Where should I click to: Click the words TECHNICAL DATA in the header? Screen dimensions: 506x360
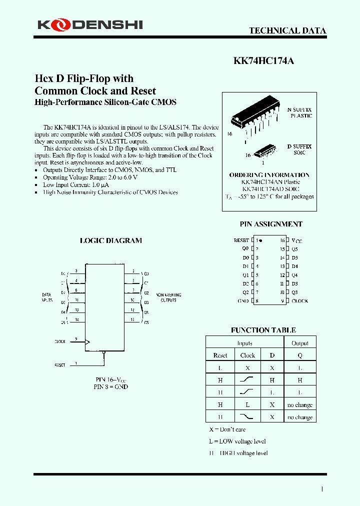coord(287,30)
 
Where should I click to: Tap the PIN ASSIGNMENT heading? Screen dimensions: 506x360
coord(271,224)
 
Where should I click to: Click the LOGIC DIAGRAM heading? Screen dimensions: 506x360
coord(111,240)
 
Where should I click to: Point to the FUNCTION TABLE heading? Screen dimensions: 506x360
coord(263,330)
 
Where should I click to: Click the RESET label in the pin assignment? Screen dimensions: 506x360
coord(241,240)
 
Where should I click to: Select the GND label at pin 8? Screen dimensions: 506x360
coord(243,301)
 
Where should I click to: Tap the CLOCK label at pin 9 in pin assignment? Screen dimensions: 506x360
coord(300,301)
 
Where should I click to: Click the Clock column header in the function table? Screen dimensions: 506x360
coord(247,355)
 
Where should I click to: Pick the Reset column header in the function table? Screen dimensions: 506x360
coord(220,355)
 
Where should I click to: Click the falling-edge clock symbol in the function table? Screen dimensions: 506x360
coord(247,417)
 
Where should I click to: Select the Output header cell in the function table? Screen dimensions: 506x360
coord(300,343)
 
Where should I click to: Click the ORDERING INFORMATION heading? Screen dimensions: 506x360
coord(269,175)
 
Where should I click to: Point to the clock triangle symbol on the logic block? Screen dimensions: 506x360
coord(87,342)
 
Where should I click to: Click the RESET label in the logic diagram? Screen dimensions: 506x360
coord(59,365)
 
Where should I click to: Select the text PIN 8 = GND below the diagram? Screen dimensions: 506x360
coord(110,386)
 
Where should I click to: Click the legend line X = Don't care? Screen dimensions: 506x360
coord(227,429)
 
